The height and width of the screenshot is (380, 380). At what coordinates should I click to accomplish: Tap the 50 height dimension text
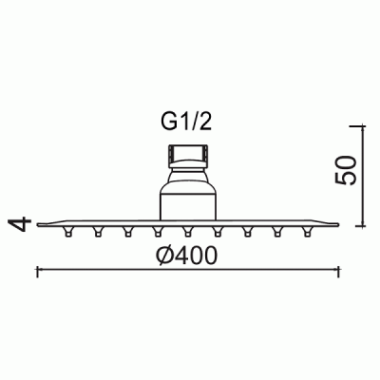click(346, 170)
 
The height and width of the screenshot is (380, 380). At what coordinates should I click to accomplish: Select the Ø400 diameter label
click(187, 256)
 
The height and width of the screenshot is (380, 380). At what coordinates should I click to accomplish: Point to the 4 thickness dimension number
click(21, 224)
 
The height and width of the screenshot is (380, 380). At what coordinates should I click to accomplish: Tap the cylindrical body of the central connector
click(188, 206)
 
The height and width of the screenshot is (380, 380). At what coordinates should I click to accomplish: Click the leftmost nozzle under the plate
click(68, 232)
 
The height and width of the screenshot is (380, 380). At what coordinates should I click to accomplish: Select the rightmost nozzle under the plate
click(307, 232)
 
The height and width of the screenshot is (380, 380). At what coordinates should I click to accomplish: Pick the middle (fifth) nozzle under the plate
click(188, 232)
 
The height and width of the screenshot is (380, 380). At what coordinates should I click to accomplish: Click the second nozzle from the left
click(98, 232)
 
